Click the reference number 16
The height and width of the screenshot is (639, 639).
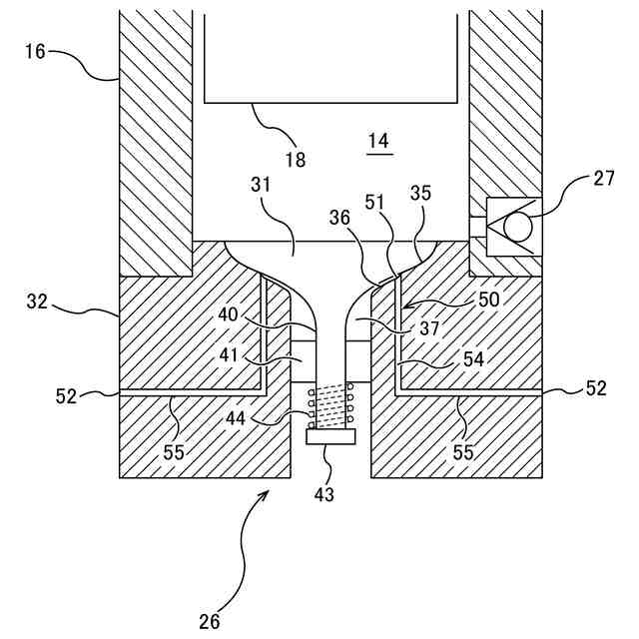pyautogui.click(x=35, y=52)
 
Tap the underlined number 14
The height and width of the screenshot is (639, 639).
pyautogui.click(x=378, y=141)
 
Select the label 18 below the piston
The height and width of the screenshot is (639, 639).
pyautogui.click(x=296, y=160)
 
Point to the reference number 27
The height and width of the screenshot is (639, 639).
pyautogui.click(x=603, y=179)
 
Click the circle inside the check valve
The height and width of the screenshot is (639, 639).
pyautogui.click(x=518, y=227)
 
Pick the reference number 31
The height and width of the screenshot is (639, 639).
pyautogui.click(x=261, y=185)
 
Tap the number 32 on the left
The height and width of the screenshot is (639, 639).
pyautogui.click(x=37, y=302)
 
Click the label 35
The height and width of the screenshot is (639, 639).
pyautogui.click(x=420, y=193)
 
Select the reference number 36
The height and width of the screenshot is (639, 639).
pyautogui.click(x=339, y=218)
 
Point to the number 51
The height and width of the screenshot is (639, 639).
pyautogui.click(x=374, y=202)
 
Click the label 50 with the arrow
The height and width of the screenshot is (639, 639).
pyautogui.click(x=488, y=300)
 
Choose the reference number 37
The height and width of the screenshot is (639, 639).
pyautogui.click(x=429, y=328)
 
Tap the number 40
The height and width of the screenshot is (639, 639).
pyautogui.click(x=228, y=315)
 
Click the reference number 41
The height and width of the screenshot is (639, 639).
pyautogui.click(x=229, y=355)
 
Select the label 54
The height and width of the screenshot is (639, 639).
pyautogui.click(x=473, y=359)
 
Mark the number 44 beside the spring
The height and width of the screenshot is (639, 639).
pyautogui.click(x=236, y=418)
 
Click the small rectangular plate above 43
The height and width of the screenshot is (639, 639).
pyautogui.click(x=330, y=436)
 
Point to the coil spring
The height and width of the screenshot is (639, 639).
pyautogui.click(x=330, y=406)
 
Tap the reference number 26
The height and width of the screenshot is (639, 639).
pyautogui.click(x=209, y=622)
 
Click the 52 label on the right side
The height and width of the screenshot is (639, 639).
pyautogui.click(x=596, y=388)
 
